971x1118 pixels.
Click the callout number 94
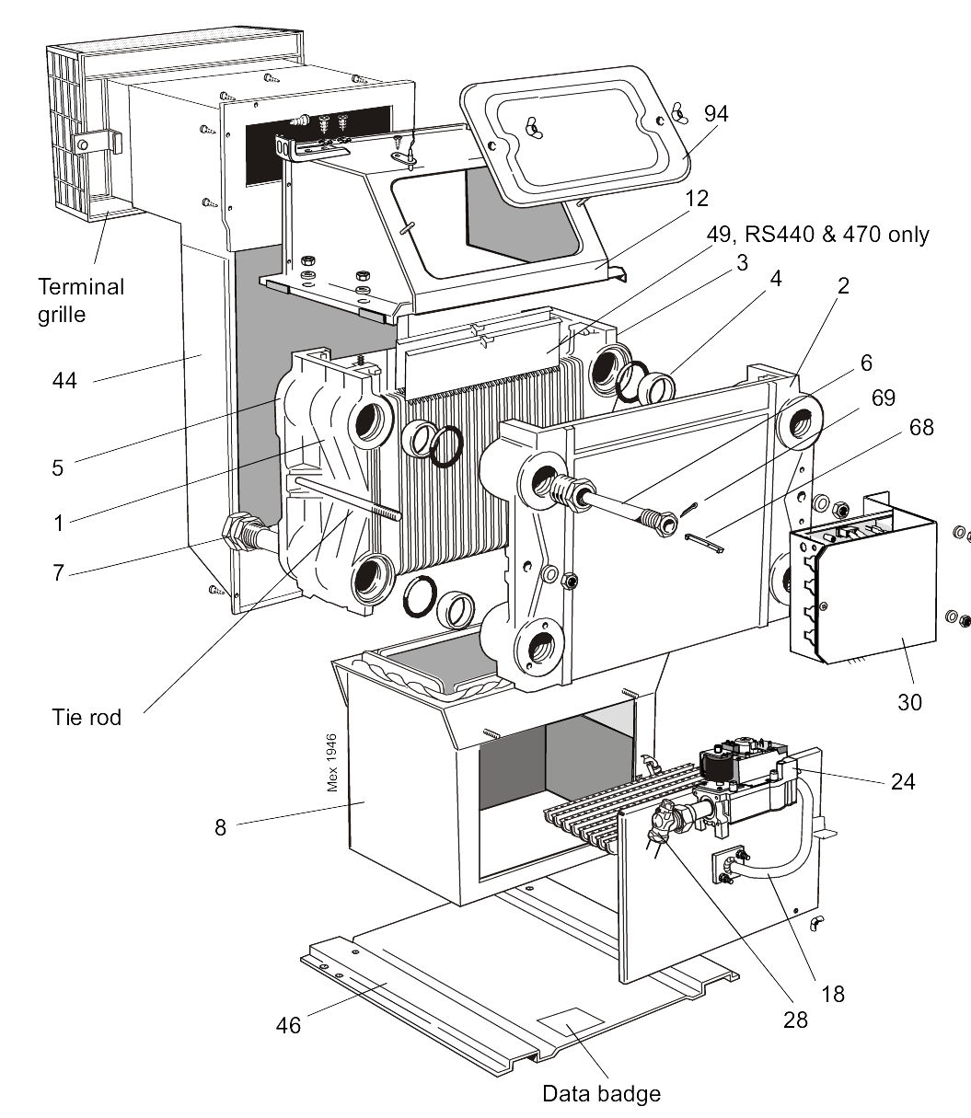[x=716, y=114]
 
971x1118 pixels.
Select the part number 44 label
[x=64, y=380]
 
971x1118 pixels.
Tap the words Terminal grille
[x=81, y=301]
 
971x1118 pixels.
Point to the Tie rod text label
[x=87, y=717]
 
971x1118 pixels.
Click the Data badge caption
[x=601, y=1093]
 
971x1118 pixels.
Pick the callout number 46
[x=288, y=1025]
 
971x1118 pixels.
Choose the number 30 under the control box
[x=909, y=701]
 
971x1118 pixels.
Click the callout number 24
[x=903, y=782]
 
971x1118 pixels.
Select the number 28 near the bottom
[x=795, y=1020]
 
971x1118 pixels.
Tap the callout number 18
[x=833, y=994]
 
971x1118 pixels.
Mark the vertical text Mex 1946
[x=331, y=762]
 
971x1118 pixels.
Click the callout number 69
[x=883, y=398]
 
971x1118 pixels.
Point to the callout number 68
[x=921, y=427]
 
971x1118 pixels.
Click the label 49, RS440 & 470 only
[x=818, y=235]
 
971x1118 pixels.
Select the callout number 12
[x=696, y=199]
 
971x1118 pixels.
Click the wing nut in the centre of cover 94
[x=532, y=127]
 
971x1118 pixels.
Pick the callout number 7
[x=58, y=572]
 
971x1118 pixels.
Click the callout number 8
[x=220, y=827]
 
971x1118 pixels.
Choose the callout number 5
[x=57, y=467]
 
